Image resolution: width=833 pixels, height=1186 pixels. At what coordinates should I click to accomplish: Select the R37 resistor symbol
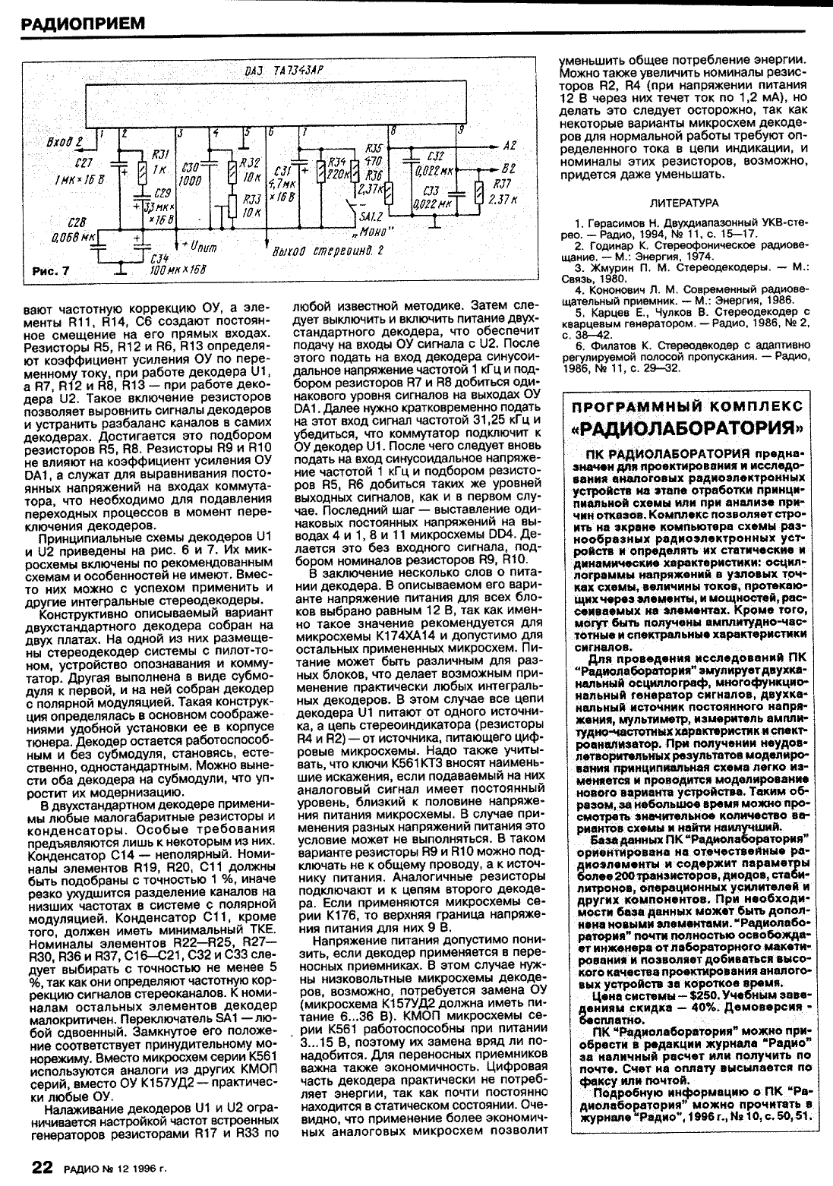[478, 194]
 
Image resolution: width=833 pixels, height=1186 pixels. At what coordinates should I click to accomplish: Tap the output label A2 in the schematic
[510, 145]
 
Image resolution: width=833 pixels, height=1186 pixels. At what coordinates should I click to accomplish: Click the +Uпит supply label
[199, 247]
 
